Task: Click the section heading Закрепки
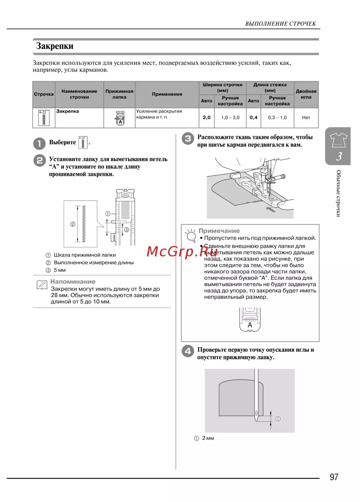(55, 46)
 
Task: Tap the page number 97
(334, 477)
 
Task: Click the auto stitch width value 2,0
(207, 117)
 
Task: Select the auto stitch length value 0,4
(253, 117)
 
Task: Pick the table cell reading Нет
(306, 117)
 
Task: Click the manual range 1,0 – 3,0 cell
(230, 117)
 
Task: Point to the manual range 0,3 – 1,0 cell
(277, 117)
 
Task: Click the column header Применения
(167, 94)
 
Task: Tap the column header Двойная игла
(306, 94)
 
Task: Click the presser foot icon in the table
(120, 118)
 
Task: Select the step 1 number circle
(39, 143)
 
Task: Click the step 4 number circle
(188, 351)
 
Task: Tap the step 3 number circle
(188, 139)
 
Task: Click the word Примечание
(219, 231)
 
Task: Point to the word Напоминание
(73, 282)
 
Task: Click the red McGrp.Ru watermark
(182, 251)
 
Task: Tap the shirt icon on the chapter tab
(338, 140)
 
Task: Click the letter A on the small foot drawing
(250, 325)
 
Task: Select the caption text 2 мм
(208, 438)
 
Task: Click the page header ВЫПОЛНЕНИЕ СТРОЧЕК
(280, 24)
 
